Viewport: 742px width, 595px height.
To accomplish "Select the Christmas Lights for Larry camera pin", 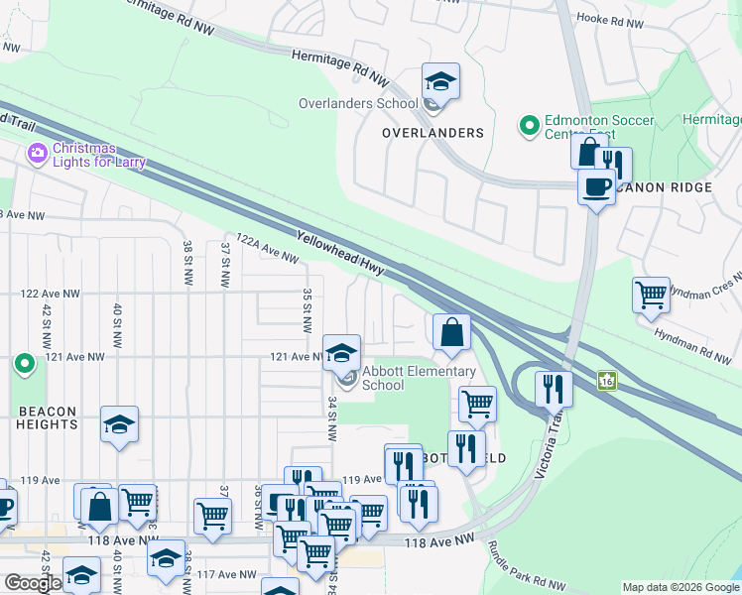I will tap(38, 153).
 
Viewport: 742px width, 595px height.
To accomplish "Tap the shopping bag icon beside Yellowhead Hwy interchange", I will tap(451, 333).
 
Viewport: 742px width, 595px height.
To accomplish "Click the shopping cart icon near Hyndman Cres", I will tap(651, 295).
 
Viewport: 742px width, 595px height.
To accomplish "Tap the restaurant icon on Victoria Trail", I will tap(554, 388).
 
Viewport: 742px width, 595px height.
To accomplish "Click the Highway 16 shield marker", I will tap(607, 380).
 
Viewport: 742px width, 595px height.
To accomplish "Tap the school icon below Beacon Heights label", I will tap(119, 424).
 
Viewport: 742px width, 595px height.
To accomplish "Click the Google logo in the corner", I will tap(33, 583).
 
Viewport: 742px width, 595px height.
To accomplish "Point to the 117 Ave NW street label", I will tap(219, 574).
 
